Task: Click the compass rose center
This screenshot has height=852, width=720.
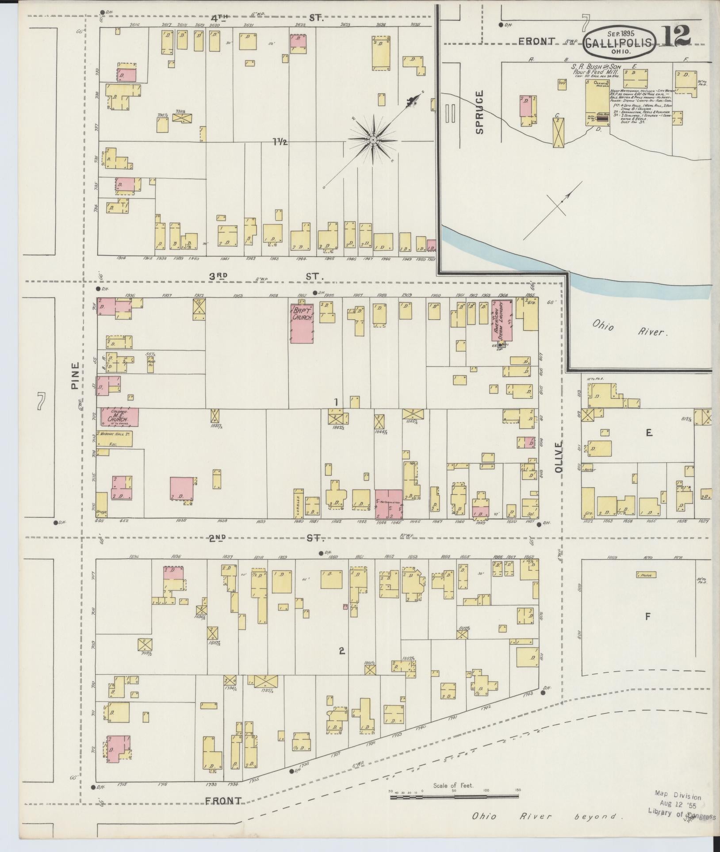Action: (x=373, y=140)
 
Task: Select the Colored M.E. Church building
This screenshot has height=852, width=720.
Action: (x=119, y=417)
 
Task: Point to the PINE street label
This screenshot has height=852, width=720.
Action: (x=76, y=376)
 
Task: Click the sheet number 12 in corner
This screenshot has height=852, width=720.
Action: (x=677, y=36)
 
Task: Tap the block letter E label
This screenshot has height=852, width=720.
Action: (x=649, y=433)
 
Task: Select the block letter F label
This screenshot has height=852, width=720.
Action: (x=648, y=616)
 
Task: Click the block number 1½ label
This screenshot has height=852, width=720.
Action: (x=280, y=142)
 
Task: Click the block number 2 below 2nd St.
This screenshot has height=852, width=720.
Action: (x=341, y=650)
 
